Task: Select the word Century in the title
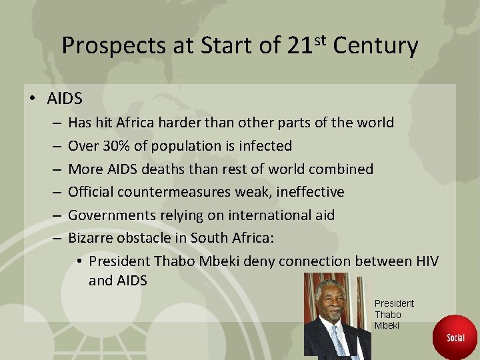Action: (x=375, y=46)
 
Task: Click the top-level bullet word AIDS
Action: (x=65, y=99)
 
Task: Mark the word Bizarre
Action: (x=91, y=238)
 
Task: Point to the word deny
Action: (x=259, y=261)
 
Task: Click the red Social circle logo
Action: (x=456, y=337)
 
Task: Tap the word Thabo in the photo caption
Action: (x=388, y=315)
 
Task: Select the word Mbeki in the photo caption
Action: (x=387, y=325)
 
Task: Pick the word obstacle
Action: (x=143, y=238)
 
